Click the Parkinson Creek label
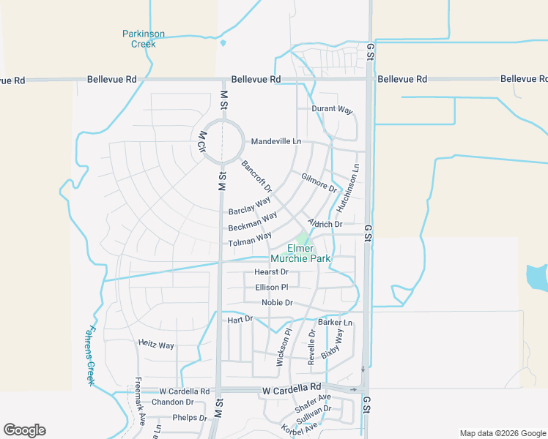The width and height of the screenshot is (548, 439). coord(143,39)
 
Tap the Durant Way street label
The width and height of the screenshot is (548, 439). coord(332,110)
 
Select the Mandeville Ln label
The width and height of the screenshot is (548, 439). coord(276,141)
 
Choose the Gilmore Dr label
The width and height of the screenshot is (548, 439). coord(319,183)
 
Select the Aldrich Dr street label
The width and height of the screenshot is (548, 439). coord(325,224)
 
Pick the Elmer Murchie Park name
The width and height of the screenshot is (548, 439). coord(300,253)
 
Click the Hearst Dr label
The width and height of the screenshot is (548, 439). coord(271,272)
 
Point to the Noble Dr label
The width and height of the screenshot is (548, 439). coord(277,303)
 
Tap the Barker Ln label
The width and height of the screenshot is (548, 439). coord(335,323)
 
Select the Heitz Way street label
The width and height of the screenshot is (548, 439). coord(156,345)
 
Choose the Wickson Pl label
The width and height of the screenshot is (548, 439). coord(283,347)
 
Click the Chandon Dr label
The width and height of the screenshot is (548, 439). coord(172,402)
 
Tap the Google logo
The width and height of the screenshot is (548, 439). coord(24,430)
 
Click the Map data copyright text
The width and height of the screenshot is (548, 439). coord(502,433)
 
